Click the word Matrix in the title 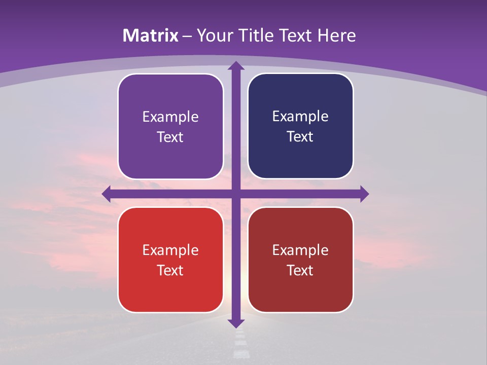(x=151, y=35)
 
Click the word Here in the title (x=337, y=35)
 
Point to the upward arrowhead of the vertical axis (x=235, y=65)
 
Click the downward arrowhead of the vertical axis (x=235, y=323)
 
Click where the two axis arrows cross (x=235, y=194)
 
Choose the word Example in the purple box (x=170, y=117)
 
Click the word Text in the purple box (x=170, y=137)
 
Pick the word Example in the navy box (x=300, y=117)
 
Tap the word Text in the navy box (x=300, y=137)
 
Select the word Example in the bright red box (x=170, y=250)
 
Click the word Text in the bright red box (x=170, y=271)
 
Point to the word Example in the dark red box (x=300, y=250)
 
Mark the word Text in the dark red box (x=300, y=271)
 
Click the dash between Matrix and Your (x=187, y=36)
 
